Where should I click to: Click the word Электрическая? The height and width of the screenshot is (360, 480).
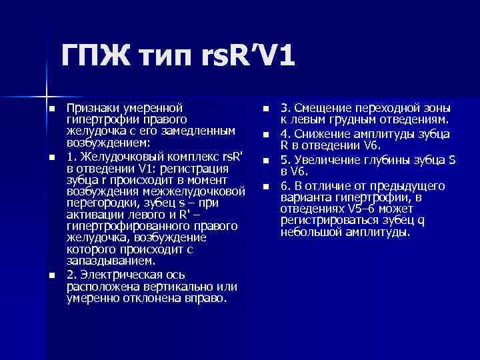tap(124, 275)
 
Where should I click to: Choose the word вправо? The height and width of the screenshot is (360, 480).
tap(207, 297)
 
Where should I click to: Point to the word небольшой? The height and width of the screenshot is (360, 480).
tap(311, 232)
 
